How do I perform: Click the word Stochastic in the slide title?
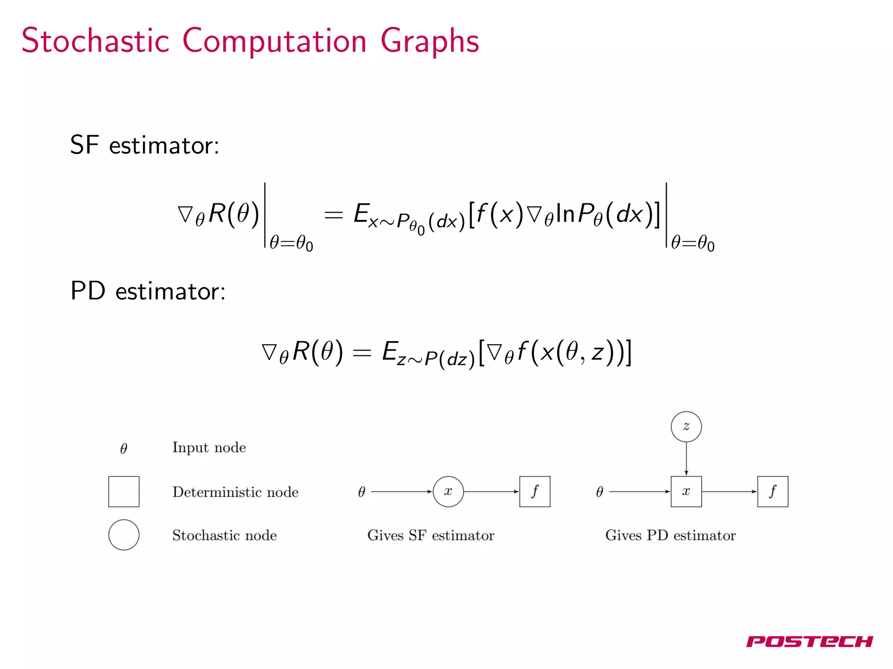click(x=95, y=41)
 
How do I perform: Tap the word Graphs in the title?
click(x=429, y=41)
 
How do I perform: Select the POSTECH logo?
click(x=809, y=641)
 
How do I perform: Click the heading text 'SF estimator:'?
click(x=145, y=145)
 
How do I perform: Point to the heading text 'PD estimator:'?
click(x=148, y=291)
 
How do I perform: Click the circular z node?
click(x=686, y=426)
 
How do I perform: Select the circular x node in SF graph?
click(x=448, y=491)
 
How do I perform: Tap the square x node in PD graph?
click(x=686, y=491)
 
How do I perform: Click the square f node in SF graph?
click(x=535, y=491)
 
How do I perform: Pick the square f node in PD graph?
click(x=772, y=491)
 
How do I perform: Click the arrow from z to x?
click(x=686, y=459)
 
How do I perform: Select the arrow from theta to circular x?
click(x=401, y=491)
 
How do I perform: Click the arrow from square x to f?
click(x=729, y=491)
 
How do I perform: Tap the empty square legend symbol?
click(x=124, y=491)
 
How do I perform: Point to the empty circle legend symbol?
click(x=124, y=534)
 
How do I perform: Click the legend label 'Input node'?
click(x=209, y=448)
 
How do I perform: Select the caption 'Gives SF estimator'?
click(x=431, y=535)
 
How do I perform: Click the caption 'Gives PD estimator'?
click(x=670, y=535)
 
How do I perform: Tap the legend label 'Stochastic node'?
click(x=224, y=535)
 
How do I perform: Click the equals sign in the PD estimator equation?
click(x=362, y=353)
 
